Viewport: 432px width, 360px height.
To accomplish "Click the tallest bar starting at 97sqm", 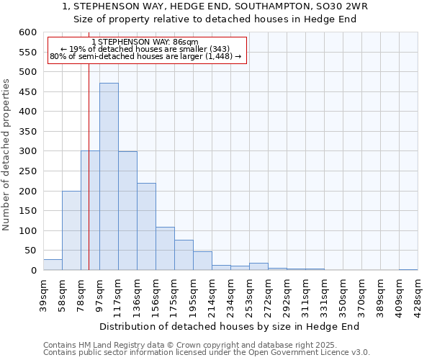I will [109, 176].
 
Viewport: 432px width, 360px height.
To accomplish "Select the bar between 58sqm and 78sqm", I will [71, 230].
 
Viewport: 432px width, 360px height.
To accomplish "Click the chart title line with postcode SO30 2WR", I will [216, 6].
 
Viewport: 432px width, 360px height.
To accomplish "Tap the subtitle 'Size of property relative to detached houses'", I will [216, 19].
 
